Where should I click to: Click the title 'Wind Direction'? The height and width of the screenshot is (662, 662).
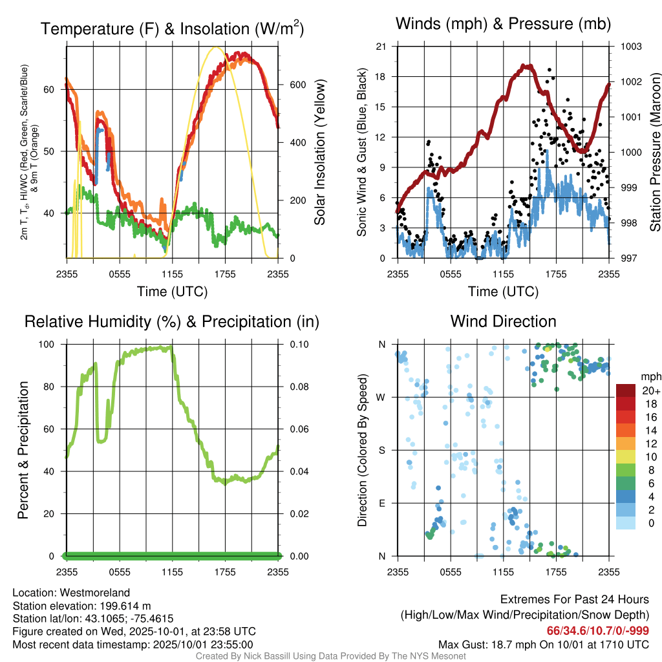tap(503, 321)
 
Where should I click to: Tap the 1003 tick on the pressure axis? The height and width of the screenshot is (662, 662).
tap(630, 47)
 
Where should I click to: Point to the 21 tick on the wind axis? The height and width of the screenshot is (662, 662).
tap(381, 47)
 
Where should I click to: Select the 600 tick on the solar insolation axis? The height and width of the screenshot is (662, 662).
tap(296, 85)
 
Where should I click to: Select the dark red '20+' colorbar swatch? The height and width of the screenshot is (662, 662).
tap(626, 391)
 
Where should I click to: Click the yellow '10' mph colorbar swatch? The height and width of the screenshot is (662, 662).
tap(626, 457)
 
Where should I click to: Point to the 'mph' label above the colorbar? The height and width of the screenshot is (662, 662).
tap(649, 376)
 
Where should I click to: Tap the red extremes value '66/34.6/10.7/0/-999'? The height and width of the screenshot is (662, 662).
tap(598, 631)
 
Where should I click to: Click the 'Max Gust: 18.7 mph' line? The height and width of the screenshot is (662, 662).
tap(544, 645)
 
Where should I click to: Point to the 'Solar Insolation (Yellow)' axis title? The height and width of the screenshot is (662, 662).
tap(320, 153)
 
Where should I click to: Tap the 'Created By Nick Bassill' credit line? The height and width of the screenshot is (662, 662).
tap(331, 656)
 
